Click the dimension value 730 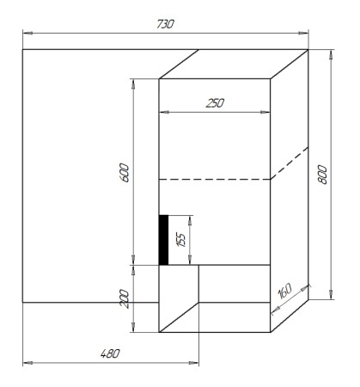(164, 24)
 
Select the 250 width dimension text (215, 102)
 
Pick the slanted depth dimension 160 (285, 291)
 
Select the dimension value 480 (108, 353)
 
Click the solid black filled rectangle (163, 240)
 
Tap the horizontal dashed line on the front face (215, 180)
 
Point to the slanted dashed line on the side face (290, 163)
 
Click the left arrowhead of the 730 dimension (25, 34)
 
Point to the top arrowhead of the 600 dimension (132, 82)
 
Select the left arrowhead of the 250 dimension (162, 112)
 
